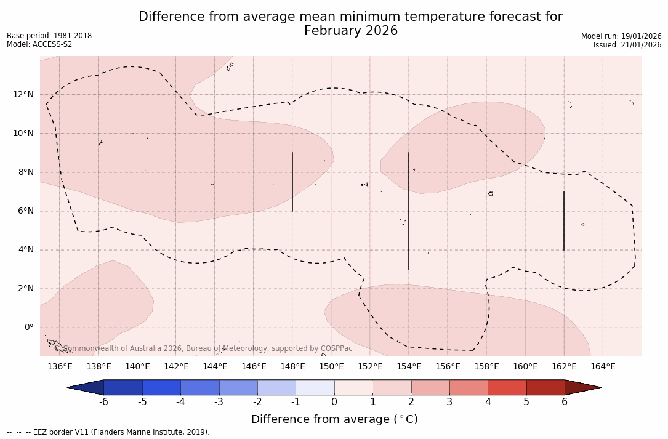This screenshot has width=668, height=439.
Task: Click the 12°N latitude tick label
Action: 23,95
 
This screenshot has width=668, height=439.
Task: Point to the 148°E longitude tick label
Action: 292,367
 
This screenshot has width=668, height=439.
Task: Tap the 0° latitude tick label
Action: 28,328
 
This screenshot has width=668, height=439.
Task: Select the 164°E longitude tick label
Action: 603,367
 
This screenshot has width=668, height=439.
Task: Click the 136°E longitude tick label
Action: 60,367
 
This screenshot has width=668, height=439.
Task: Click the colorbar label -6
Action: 103,402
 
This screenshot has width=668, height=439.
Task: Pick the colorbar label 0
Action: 334,402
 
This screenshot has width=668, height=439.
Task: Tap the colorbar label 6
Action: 565,402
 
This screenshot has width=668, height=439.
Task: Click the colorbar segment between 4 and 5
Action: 507,387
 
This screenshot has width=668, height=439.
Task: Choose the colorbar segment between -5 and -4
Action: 161,387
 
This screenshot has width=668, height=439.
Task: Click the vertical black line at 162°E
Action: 563,220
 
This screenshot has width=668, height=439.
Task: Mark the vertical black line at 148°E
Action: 292,182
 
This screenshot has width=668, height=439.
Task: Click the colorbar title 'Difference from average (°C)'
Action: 334,419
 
